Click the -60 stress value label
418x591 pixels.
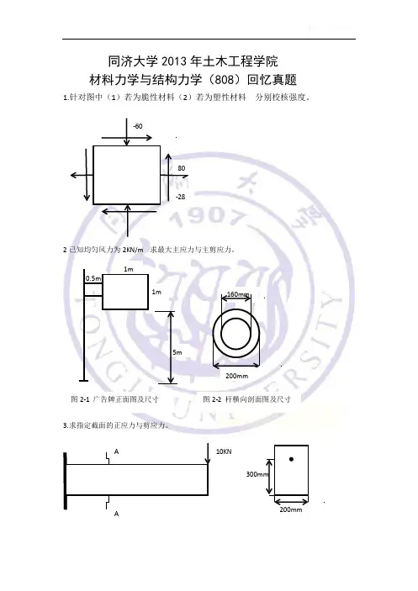(x=138, y=126)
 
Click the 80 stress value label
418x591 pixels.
(x=182, y=168)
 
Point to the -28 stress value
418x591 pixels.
(x=181, y=197)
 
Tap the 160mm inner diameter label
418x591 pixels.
(x=238, y=294)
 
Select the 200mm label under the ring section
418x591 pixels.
(x=236, y=376)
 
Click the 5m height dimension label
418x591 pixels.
(x=177, y=352)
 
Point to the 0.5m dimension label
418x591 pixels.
(x=93, y=278)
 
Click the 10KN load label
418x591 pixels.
(x=224, y=451)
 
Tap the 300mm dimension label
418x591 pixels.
(x=257, y=474)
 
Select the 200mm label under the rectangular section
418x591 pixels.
(x=291, y=509)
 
